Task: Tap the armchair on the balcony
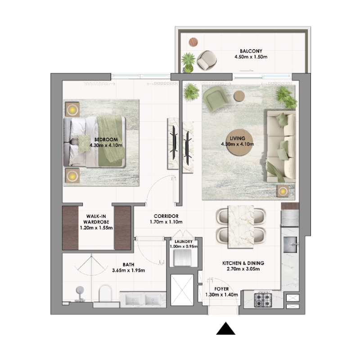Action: (x=207, y=60)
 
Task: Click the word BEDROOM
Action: (x=106, y=139)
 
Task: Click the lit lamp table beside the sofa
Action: (x=283, y=191)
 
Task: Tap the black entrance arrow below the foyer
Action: (x=226, y=329)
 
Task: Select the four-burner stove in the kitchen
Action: (x=263, y=299)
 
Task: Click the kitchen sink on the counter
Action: (x=292, y=245)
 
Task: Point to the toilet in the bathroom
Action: (x=104, y=293)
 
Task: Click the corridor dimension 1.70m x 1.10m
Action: (x=166, y=222)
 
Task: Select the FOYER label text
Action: (x=221, y=289)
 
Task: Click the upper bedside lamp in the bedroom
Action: (x=72, y=109)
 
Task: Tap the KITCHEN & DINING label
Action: (x=243, y=263)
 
